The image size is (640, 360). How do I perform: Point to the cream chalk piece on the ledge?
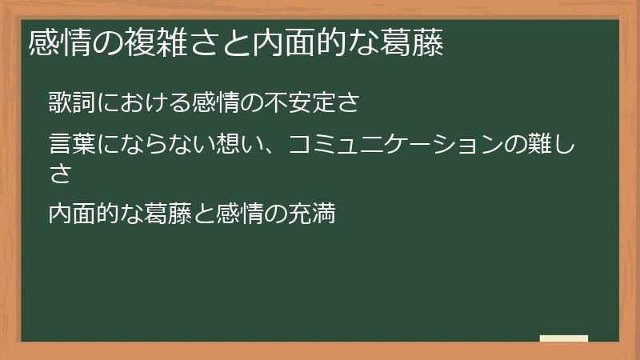pyautogui.click(x=564, y=338)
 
